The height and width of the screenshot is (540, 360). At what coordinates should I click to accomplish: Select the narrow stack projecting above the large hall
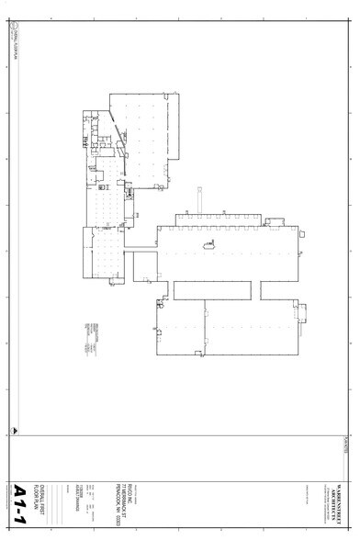pos(198,200)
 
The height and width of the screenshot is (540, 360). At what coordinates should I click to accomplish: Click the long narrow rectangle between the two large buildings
pos(211,290)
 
